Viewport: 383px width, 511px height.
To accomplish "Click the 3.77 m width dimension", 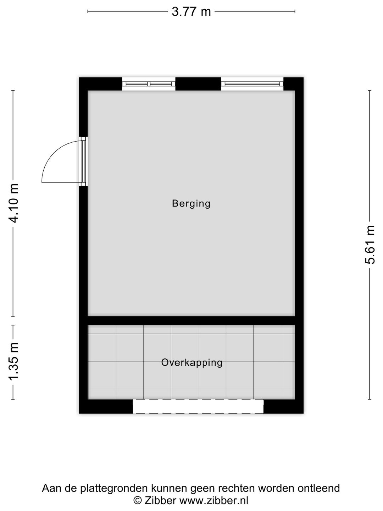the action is (191, 11).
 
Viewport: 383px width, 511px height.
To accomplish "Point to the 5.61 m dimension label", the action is (370, 244).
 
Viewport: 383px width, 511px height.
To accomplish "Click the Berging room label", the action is (191, 204).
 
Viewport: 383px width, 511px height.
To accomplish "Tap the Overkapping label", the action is (192, 362).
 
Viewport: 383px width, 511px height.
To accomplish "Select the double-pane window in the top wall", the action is (149, 84).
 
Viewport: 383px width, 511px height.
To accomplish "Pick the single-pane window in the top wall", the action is (252, 84).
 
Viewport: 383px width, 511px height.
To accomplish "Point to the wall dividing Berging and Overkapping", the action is (191, 320).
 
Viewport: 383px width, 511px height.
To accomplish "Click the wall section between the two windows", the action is (198, 84).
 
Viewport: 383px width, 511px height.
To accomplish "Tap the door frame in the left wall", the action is (83, 161).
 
